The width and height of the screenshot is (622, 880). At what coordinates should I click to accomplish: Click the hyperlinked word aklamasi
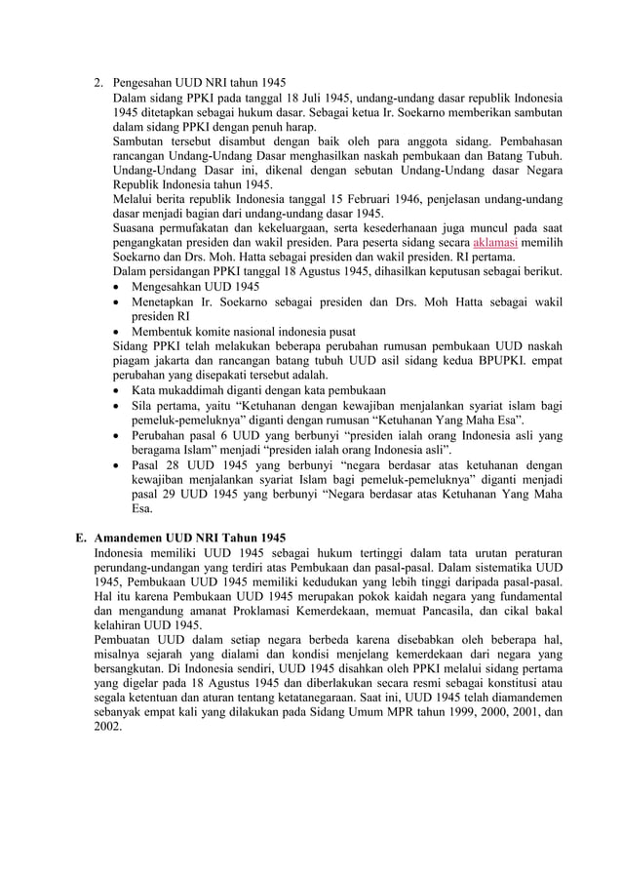(494, 241)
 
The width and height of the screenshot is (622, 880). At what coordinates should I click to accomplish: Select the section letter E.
(81, 538)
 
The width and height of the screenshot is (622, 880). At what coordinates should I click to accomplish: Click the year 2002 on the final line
(108, 727)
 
